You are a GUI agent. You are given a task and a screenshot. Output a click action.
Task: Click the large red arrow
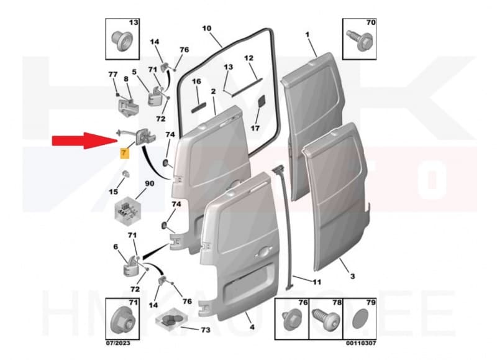pos(85,141)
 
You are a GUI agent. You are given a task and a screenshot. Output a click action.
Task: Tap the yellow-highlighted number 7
pos(124,153)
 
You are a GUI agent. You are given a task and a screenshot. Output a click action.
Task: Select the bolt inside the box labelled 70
pos(360,40)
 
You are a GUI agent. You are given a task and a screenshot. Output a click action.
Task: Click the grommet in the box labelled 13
pos(122,41)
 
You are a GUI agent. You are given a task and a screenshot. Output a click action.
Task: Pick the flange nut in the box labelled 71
pos(122,320)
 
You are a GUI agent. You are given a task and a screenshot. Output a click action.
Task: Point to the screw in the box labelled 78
pos(326,320)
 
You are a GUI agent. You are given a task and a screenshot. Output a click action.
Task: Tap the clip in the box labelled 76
pos(291,320)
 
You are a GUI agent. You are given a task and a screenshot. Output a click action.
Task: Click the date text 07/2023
pos(118,343)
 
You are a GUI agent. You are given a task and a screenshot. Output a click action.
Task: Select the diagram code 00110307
pos(361,343)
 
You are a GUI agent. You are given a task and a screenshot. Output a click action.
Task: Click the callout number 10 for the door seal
pos(207,29)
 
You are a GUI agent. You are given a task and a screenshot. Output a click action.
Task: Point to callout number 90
pos(149,183)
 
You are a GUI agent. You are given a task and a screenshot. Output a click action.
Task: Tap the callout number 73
pos(206,330)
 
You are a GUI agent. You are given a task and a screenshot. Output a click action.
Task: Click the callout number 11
pos(317,282)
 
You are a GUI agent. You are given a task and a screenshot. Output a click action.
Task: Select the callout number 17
pos(255,129)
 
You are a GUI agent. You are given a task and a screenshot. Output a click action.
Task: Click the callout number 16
pos(196,81)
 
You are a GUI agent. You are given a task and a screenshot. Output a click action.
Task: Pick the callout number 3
pos(352,277)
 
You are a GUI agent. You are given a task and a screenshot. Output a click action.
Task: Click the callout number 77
pos(113,75)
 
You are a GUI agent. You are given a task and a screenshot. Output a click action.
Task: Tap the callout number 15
pos(113,192)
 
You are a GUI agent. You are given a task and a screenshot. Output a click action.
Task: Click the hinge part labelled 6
pos(130,267)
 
